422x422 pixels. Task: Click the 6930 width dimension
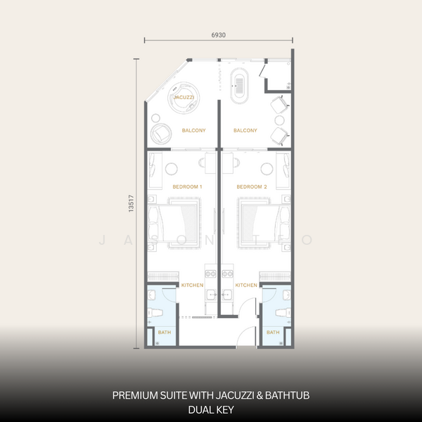click(218, 33)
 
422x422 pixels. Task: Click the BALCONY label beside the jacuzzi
click(193, 131)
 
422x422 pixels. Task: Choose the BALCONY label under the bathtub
click(245, 131)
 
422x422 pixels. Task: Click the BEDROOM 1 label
click(187, 187)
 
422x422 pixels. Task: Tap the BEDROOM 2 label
click(251, 187)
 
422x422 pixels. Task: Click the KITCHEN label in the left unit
click(192, 285)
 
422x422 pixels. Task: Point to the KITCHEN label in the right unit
click(246, 285)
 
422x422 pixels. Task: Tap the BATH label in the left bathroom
click(163, 332)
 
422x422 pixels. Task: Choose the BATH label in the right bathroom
click(273, 332)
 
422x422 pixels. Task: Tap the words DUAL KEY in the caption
click(211, 408)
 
